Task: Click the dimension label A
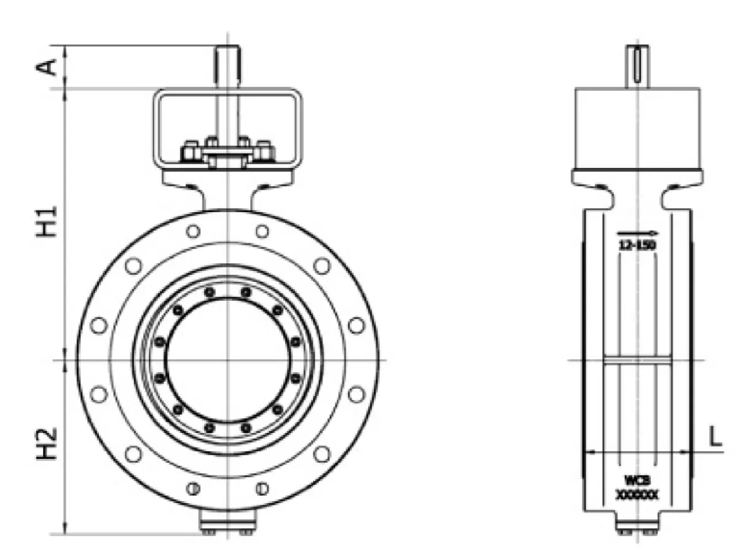coord(48,67)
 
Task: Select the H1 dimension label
coord(48,221)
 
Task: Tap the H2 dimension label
coord(48,443)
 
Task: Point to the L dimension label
coord(715,438)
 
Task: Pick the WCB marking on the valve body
coord(637,480)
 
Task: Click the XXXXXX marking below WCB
coord(637,493)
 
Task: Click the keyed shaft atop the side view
coord(638,67)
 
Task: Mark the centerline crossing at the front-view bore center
coord(228,361)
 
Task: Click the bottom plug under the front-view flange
coord(228,523)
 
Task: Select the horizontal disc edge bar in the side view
coord(638,361)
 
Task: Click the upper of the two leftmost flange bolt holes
coord(99,325)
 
